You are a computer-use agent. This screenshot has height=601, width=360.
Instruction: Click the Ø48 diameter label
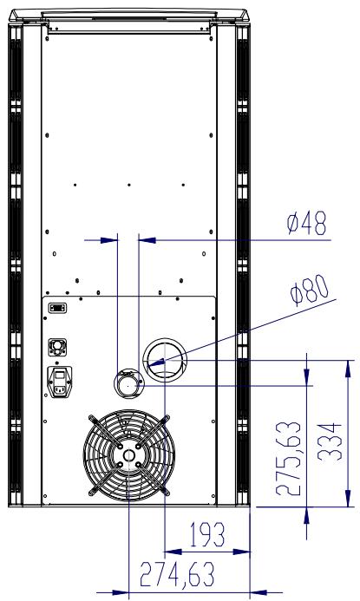[x=307, y=223]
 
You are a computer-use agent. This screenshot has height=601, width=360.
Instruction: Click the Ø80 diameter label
[x=310, y=291]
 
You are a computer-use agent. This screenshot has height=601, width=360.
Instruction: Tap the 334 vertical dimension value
[x=330, y=441]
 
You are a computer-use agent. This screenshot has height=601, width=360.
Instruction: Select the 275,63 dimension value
[x=288, y=459]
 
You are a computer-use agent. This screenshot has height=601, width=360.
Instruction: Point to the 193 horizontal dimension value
[x=207, y=534]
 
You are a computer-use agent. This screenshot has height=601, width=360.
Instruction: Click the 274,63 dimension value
[x=177, y=574]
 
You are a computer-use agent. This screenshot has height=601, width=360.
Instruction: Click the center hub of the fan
[x=129, y=455]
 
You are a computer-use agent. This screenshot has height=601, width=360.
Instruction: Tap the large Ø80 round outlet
[x=165, y=360]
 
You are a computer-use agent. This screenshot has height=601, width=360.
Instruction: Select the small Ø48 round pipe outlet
[x=128, y=383]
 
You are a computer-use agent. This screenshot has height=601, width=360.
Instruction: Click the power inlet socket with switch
[x=59, y=382]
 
